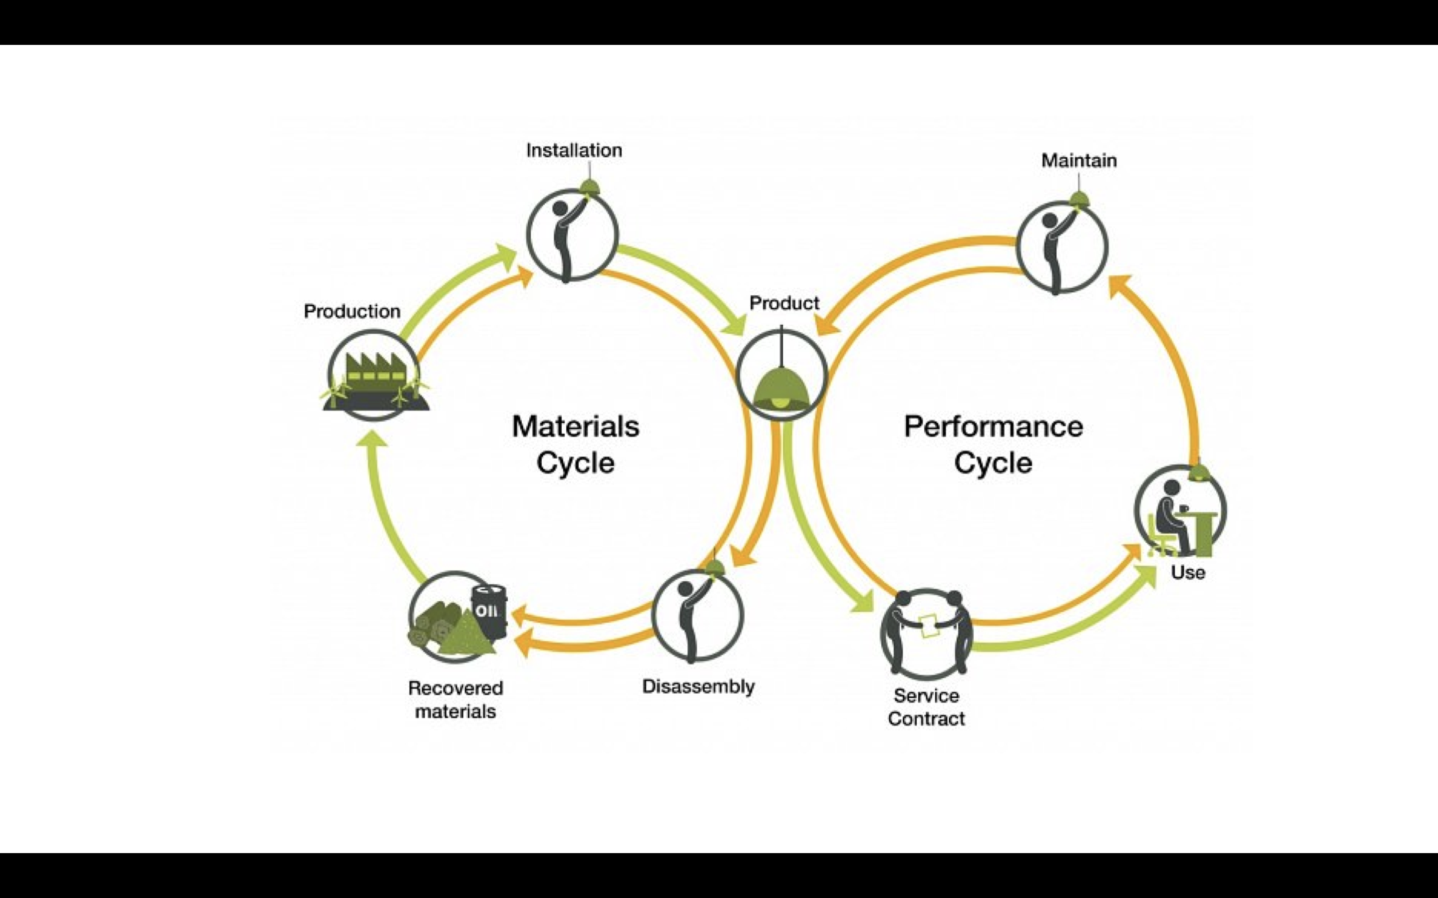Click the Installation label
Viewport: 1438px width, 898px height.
click(574, 150)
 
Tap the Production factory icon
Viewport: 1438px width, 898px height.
click(374, 377)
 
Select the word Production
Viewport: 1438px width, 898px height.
click(352, 311)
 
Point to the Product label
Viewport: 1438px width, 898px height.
click(784, 303)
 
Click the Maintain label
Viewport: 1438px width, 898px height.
click(1078, 160)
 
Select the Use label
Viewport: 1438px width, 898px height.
click(1187, 573)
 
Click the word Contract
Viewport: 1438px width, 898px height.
click(926, 718)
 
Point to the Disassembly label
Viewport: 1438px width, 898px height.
click(698, 686)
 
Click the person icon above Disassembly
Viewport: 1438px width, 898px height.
click(697, 615)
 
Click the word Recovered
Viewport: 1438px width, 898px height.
click(455, 688)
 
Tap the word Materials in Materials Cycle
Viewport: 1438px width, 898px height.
click(575, 427)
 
